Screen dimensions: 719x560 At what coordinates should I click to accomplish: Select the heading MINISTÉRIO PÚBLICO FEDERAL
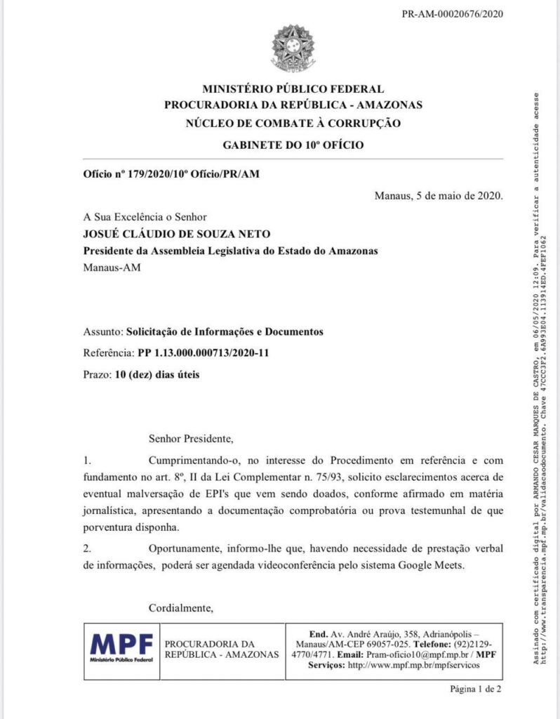(293, 89)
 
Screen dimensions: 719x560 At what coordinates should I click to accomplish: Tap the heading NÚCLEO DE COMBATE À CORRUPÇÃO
(293, 124)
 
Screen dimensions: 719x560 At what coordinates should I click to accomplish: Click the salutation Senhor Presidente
(189, 440)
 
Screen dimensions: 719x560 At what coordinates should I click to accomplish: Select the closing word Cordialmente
(180, 607)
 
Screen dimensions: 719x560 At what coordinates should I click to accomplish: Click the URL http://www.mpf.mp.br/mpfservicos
(421, 665)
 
